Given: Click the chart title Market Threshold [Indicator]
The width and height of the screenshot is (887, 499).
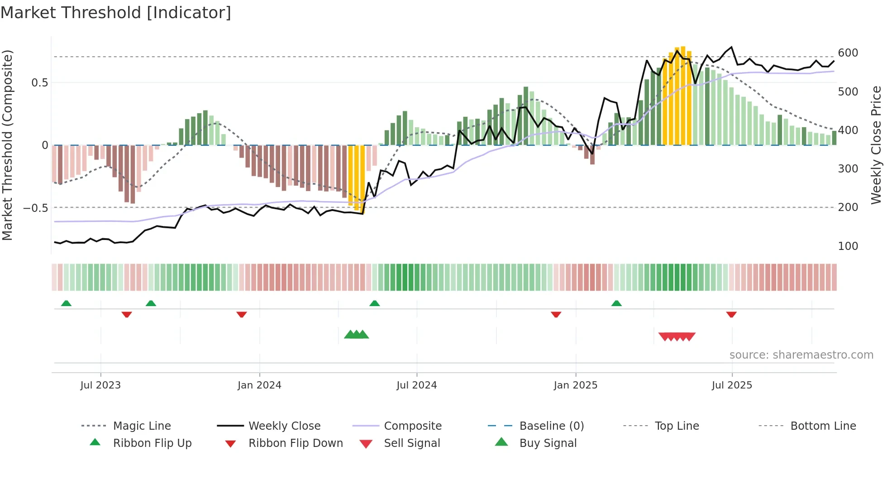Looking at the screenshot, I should click(116, 13).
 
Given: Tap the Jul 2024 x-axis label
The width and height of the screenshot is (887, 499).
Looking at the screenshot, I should click(416, 385).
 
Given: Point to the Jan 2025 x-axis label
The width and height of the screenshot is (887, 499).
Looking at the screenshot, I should click(575, 385).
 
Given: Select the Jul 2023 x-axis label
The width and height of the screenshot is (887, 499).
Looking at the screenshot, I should click(100, 385).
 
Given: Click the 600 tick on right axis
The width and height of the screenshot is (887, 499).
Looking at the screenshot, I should click(848, 53).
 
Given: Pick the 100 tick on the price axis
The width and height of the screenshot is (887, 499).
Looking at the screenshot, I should click(848, 246).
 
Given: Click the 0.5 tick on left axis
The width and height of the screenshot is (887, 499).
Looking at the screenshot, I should click(39, 83).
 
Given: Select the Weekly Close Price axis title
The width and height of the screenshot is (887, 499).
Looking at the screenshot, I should click(876, 145).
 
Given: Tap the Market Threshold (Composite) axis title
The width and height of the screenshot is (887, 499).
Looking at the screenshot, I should click(7, 145).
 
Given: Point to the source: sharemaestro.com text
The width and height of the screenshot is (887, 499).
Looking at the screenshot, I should click(801, 355).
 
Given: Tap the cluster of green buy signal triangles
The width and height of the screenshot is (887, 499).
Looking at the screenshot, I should click(357, 335).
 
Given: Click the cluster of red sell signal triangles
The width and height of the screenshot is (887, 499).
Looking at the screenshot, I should click(677, 336).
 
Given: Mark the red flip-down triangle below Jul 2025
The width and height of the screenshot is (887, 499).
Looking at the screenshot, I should click(731, 314).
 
